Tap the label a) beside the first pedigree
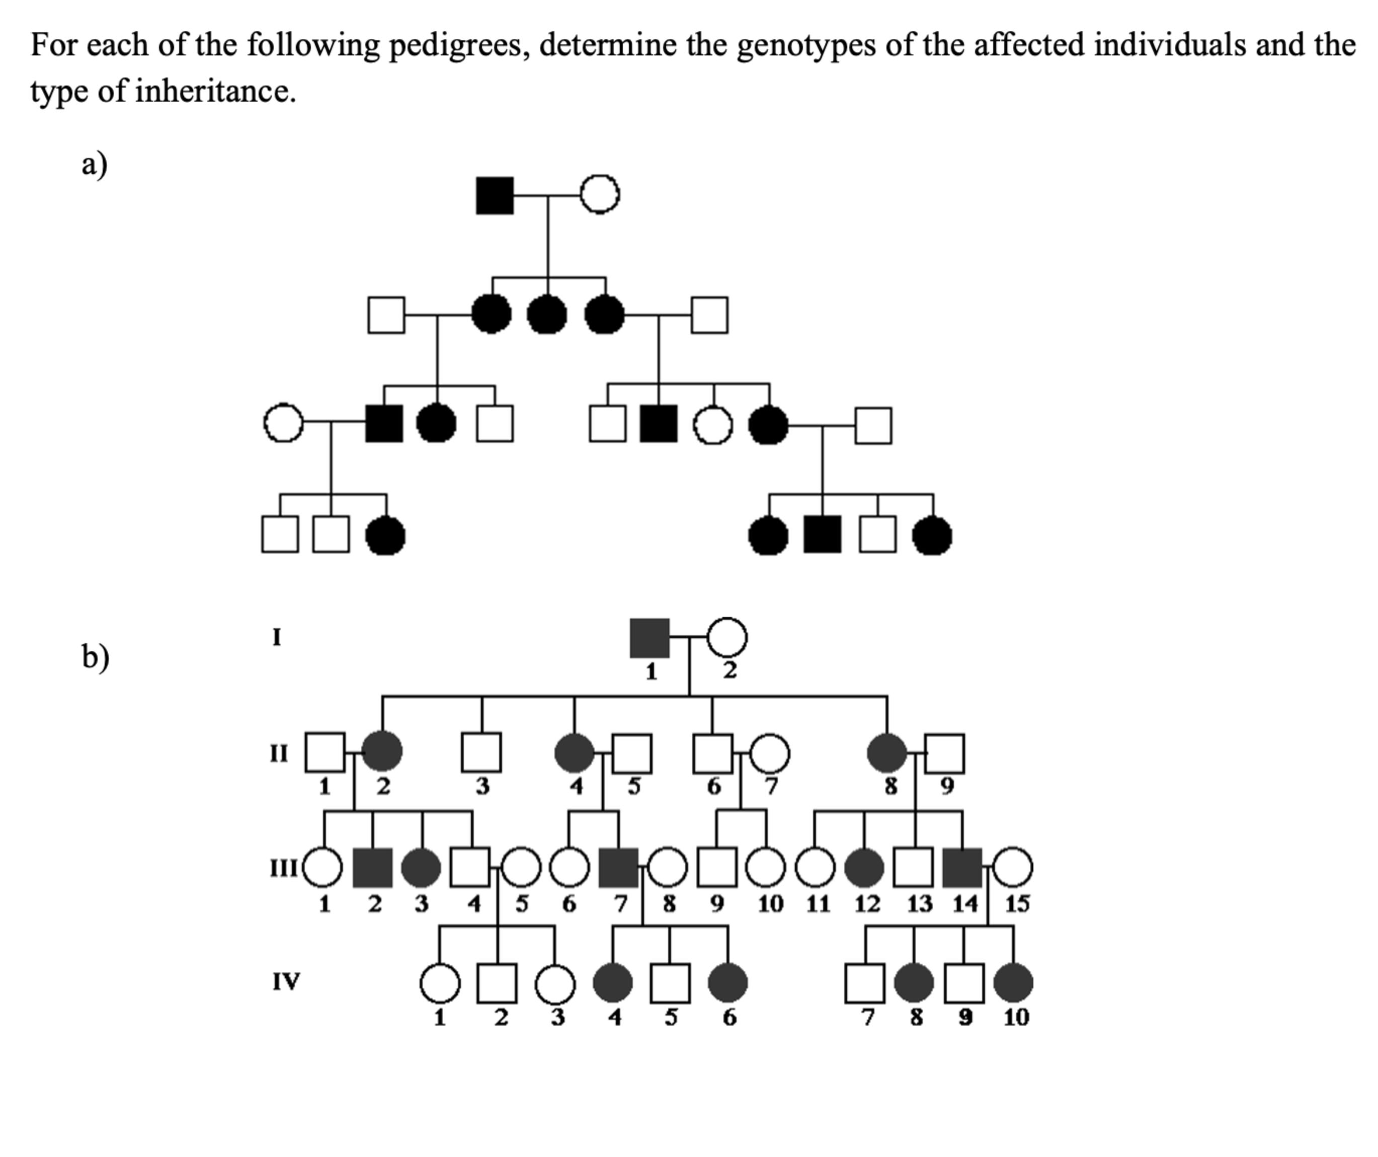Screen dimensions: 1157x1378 (x=95, y=164)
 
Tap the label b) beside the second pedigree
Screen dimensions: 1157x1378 (x=95, y=656)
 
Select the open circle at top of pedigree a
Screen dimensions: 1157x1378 (x=600, y=194)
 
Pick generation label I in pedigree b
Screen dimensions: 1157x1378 (x=277, y=637)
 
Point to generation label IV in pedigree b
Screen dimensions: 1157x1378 (x=286, y=982)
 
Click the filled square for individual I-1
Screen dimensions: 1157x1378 (x=650, y=638)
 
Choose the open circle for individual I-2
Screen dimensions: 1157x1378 (x=727, y=637)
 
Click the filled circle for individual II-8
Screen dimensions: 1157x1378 (x=887, y=753)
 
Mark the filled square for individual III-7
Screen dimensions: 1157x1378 (x=619, y=868)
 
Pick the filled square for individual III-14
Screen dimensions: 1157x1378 (x=962, y=868)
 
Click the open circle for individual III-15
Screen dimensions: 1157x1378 (x=1013, y=868)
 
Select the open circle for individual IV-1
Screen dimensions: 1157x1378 (x=440, y=983)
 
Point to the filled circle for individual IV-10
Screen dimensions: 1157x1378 (x=1013, y=983)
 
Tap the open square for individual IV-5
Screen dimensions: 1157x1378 (x=670, y=983)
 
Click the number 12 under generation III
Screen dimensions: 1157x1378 (x=867, y=904)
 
